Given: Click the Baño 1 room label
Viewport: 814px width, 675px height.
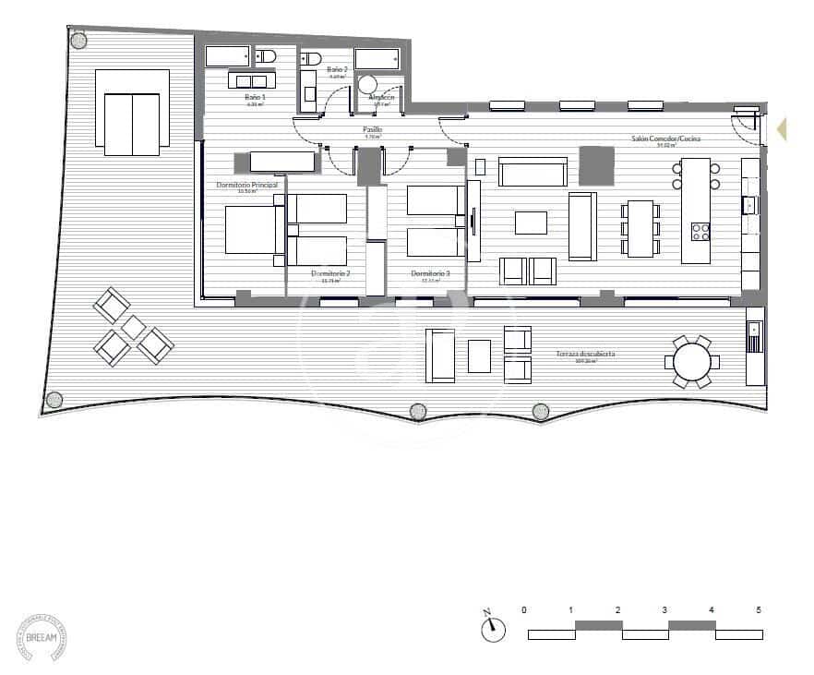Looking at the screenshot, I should tap(256, 98).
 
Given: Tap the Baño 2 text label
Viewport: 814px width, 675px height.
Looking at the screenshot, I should tap(338, 69).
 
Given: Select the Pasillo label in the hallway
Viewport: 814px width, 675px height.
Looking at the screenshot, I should tap(373, 131).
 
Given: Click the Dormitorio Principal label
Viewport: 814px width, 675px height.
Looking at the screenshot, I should tap(246, 186).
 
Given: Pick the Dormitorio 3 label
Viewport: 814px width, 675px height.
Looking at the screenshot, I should tap(431, 273).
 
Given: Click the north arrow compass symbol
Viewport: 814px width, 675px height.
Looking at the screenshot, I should tap(493, 628).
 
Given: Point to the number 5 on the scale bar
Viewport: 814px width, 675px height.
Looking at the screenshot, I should tap(759, 610).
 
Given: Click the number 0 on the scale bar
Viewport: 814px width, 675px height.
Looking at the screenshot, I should tap(524, 610).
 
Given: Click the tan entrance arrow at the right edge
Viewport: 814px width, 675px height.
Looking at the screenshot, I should tap(782, 129).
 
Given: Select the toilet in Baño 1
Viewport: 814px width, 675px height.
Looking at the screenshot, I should tap(266, 56).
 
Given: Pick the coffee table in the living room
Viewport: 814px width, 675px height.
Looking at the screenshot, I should tap(531, 223).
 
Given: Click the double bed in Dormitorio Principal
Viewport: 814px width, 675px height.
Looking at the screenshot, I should tap(251, 230).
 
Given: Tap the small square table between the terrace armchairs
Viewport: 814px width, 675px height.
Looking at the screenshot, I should tap(134, 326).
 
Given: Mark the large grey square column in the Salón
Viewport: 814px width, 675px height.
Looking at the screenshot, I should tap(596, 166).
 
